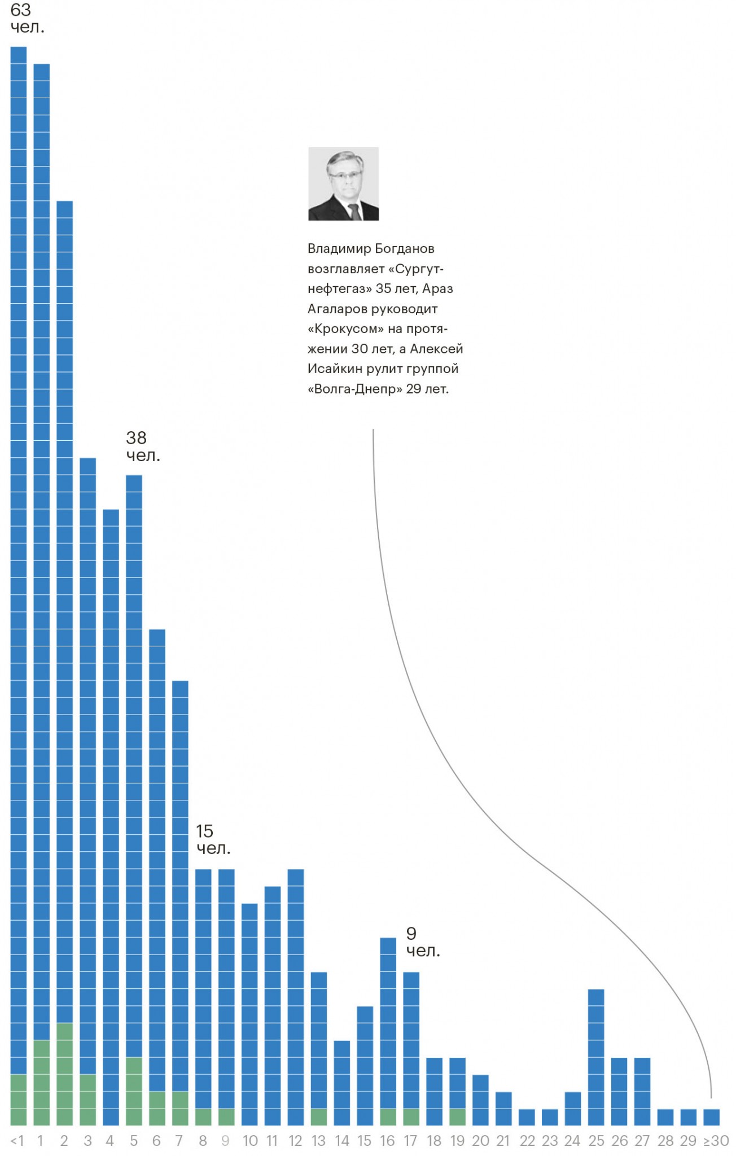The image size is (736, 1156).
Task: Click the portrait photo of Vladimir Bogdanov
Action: tap(343, 183)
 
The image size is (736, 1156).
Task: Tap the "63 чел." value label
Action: tap(27, 18)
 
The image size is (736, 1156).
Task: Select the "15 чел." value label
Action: tap(212, 839)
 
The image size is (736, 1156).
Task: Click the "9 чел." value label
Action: tap(422, 942)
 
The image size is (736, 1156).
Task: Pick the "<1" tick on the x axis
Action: tap(17, 1141)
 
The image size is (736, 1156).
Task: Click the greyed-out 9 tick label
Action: tap(226, 1141)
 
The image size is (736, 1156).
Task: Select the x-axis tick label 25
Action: tap(596, 1141)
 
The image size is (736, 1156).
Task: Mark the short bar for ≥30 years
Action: tap(712, 1117)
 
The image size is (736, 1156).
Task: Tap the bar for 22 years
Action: tap(527, 1117)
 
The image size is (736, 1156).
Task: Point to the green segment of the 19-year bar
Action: tap(458, 1117)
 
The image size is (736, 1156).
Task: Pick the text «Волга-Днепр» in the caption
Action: tap(354, 389)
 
